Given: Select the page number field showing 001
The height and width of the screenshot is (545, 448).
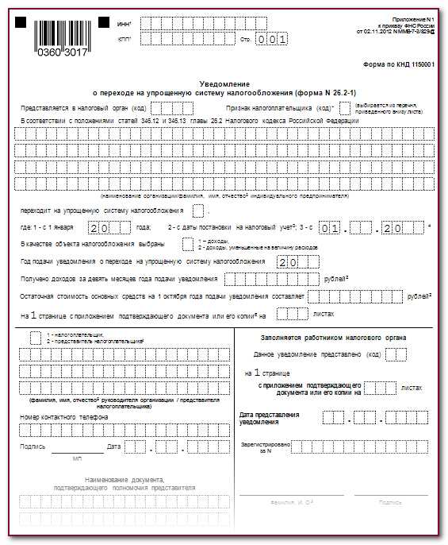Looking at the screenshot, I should [x=270, y=38].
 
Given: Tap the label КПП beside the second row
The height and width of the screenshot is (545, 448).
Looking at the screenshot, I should [x=124, y=38].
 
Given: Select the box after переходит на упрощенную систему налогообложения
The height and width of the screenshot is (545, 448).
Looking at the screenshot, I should [x=198, y=210].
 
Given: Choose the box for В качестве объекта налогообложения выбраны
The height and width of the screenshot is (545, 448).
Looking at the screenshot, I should [x=188, y=244].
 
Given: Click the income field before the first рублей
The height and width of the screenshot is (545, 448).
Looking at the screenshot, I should [x=272, y=279].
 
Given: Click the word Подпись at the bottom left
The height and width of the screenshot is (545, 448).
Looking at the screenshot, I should [x=33, y=447].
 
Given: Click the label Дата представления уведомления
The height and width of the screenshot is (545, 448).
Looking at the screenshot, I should [x=269, y=419].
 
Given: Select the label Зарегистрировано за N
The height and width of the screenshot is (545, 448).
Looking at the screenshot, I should [x=265, y=447].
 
